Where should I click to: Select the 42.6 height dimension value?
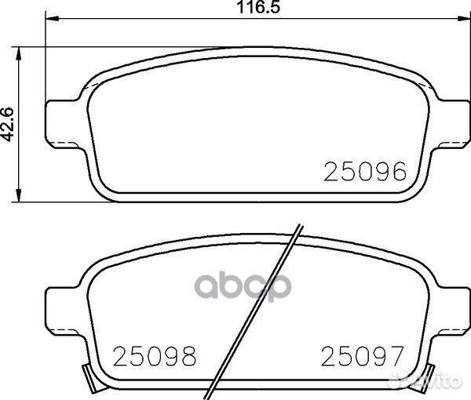tap(10, 125)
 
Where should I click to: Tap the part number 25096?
tap(366, 170)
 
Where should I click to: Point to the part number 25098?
tap(155, 356)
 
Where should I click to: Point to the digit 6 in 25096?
tap(398, 170)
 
